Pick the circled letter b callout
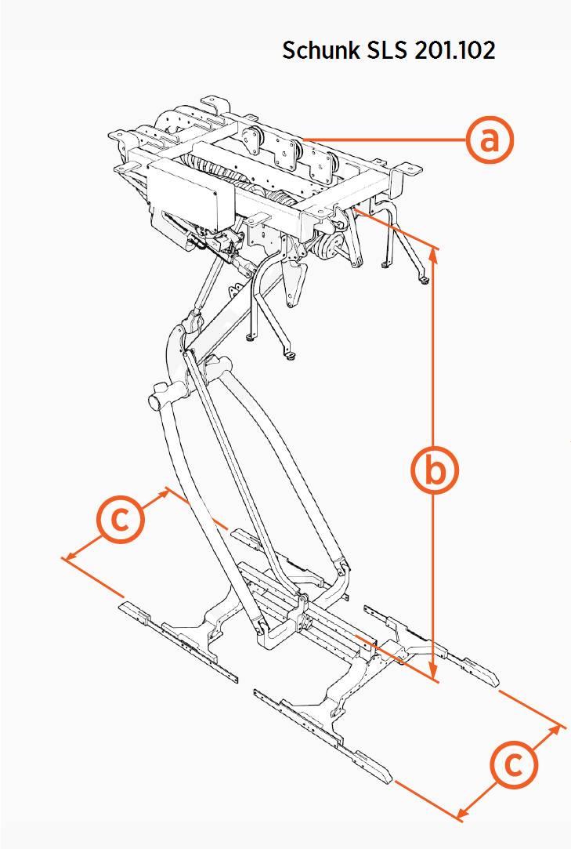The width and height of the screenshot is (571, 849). coord(434,470)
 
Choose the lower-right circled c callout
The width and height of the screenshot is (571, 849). coord(514,764)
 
